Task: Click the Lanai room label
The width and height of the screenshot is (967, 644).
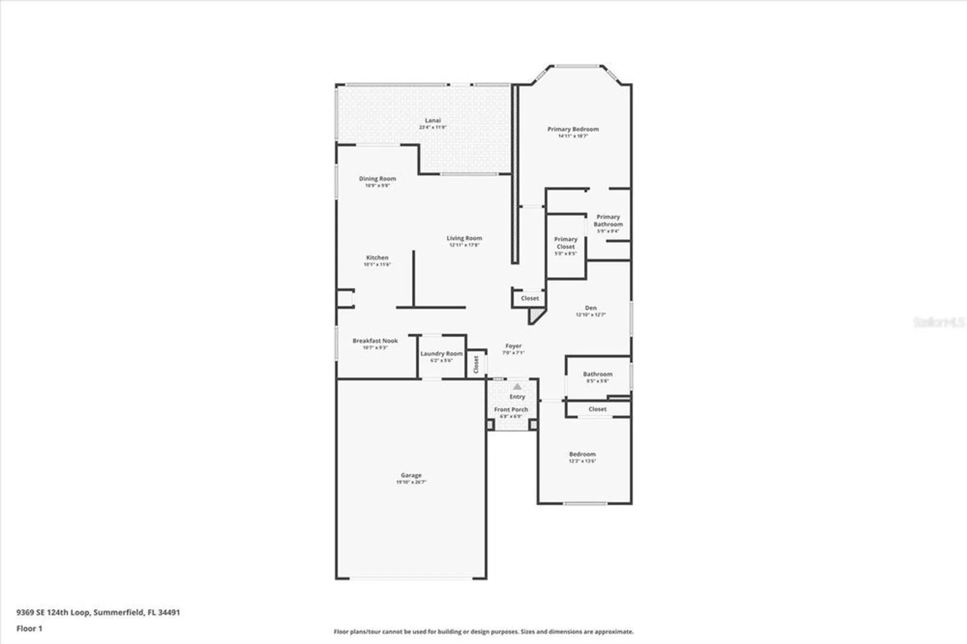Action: point(433,121)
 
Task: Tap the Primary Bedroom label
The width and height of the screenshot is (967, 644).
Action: point(573,130)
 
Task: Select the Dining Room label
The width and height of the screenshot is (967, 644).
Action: point(377,179)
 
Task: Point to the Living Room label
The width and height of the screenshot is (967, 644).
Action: point(464,238)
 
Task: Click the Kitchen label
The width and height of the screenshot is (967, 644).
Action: point(377,258)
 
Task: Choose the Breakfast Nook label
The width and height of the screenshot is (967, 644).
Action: point(375,341)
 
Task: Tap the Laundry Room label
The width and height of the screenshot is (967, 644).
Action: point(441,354)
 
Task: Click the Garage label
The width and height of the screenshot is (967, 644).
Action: point(411,476)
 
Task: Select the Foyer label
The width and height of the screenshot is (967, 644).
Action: point(513,346)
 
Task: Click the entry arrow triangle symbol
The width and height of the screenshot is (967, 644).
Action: point(517,387)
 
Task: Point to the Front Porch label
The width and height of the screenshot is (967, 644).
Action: point(511,410)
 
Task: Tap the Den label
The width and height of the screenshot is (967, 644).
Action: point(591,308)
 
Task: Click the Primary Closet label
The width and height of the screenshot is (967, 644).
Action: point(566,243)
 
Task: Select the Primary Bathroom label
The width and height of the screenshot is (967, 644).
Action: point(608,220)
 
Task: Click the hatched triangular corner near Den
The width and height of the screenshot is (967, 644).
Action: point(535,317)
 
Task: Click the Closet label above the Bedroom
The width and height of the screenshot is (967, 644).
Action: point(598,409)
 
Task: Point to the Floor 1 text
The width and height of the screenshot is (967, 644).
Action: point(29,629)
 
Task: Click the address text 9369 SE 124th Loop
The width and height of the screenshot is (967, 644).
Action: point(53,612)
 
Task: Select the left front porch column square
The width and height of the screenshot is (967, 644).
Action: point(490,425)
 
